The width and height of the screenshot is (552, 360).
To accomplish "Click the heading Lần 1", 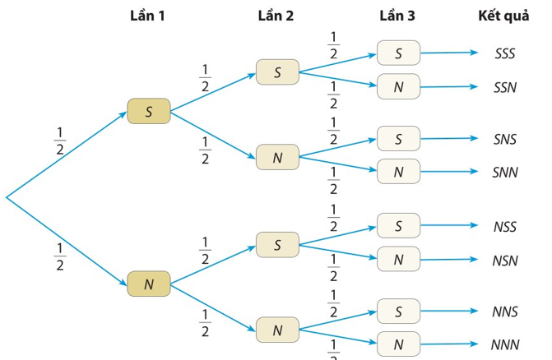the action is (147, 16).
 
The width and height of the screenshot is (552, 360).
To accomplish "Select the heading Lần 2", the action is (276, 16).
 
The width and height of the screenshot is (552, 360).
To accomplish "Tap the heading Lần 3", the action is (397, 16).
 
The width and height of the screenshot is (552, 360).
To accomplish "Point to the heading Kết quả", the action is (503, 16).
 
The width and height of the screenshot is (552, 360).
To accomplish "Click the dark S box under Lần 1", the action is (149, 111).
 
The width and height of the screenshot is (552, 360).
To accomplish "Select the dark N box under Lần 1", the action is (149, 284).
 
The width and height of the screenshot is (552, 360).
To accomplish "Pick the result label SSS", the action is (505, 53).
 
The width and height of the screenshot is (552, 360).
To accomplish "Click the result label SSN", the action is (505, 87).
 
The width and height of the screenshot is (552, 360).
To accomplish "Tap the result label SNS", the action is (505, 139).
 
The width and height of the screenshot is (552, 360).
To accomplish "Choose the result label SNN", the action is (505, 173).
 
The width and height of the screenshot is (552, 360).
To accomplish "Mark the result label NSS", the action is (505, 227).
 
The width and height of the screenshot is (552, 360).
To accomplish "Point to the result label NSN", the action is (505, 261).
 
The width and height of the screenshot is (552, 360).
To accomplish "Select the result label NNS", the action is (505, 312).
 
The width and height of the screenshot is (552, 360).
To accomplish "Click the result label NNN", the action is (505, 345).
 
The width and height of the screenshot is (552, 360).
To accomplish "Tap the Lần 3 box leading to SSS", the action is (398, 53).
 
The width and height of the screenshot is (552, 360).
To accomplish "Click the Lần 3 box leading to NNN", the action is (398, 344).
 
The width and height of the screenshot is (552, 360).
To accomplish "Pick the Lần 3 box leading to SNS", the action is (398, 139).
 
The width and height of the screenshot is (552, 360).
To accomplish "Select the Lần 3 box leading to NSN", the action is (398, 259).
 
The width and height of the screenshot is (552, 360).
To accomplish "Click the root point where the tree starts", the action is (7, 197).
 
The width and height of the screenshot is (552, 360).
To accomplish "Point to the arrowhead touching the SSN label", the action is (474, 86).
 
